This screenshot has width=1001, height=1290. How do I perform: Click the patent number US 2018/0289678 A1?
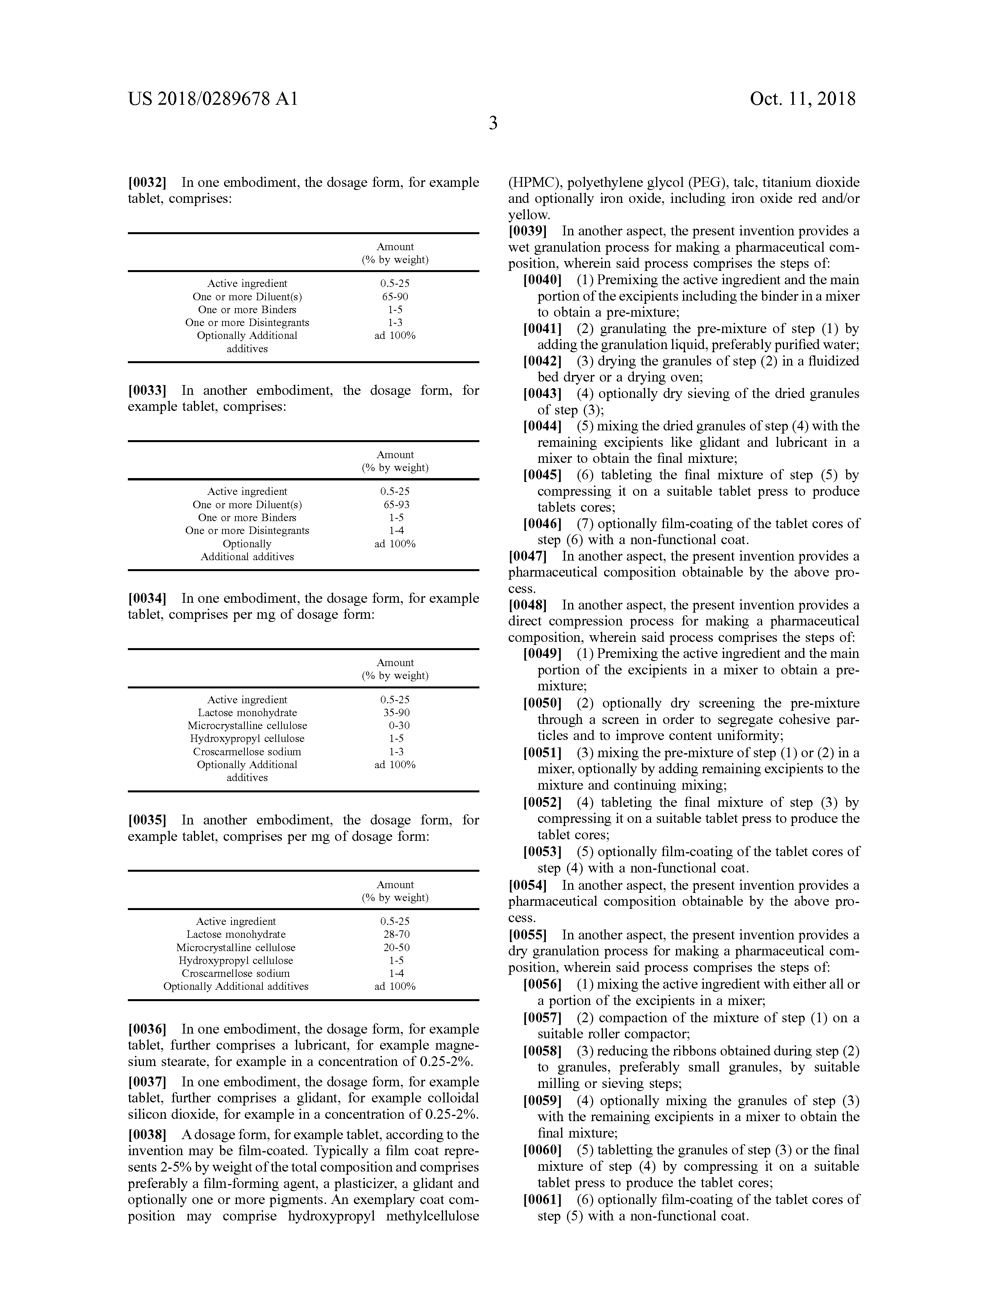click(x=213, y=99)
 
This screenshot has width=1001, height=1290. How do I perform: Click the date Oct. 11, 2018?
click(x=802, y=99)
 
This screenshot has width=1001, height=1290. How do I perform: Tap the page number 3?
click(x=493, y=124)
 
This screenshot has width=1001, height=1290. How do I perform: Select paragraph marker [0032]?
click(x=147, y=183)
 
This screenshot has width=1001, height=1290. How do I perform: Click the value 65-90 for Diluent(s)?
click(x=395, y=297)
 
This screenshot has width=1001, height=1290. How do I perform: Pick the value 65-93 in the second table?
click(x=395, y=504)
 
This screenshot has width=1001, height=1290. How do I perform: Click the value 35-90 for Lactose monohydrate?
click(x=395, y=712)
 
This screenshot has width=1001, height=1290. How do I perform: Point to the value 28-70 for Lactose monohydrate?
click(x=395, y=934)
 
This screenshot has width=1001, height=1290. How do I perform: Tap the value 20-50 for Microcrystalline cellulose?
click(x=395, y=948)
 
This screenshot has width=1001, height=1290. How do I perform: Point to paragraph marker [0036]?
click(x=147, y=1029)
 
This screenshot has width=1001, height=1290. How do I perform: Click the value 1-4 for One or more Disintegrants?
click(x=395, y=530)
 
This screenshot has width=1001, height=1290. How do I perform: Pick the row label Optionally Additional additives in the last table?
click(x=236, y=986)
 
